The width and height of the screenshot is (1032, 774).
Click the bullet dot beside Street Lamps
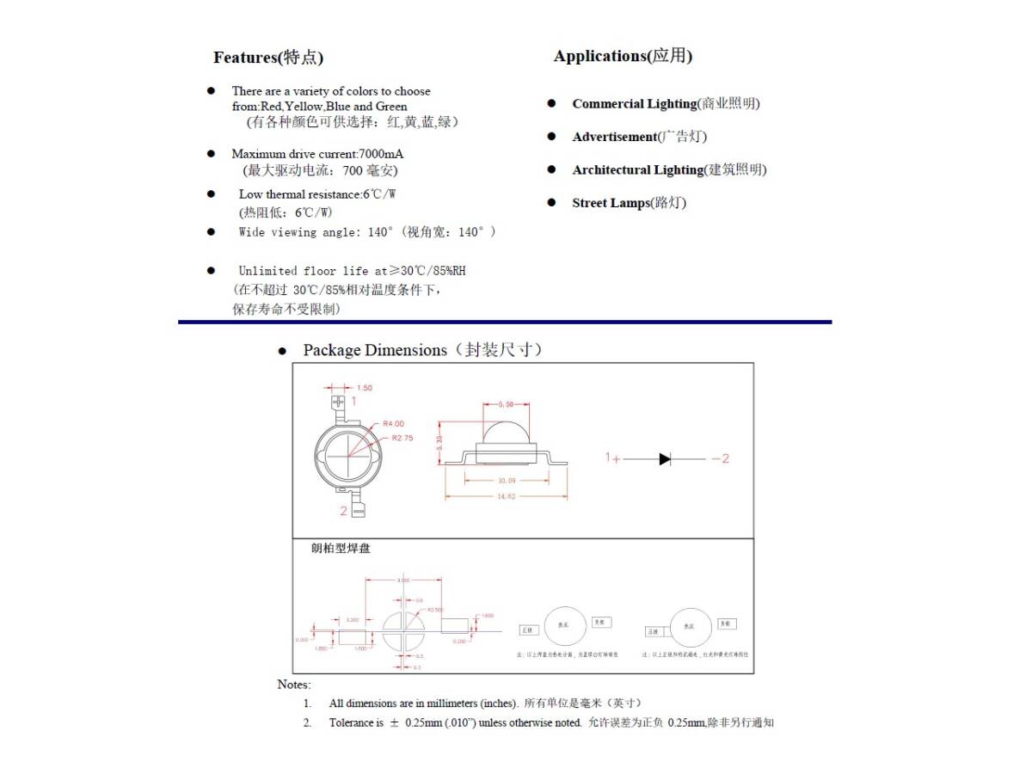pos(552,203)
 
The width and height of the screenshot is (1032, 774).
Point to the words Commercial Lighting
pos(634,104)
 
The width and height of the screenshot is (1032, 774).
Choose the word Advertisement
pos(614,137)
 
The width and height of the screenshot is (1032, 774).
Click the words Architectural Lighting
pos(637,170)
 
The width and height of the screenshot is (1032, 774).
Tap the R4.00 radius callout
pos(393,424)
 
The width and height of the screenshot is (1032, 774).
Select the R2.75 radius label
pos(402,438)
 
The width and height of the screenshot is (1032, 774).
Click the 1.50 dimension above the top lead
pos(365,388)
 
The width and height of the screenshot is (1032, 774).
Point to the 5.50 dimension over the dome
pos(506,404)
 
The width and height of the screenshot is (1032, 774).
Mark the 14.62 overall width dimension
pos(506,497)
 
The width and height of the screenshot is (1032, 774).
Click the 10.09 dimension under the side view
pos(506,481)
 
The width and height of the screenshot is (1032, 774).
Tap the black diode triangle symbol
pos(665,459)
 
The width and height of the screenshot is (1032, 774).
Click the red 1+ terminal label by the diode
pos(612,458)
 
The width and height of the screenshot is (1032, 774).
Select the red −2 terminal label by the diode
pos(720,459)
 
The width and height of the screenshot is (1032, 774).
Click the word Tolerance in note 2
pos(352,722)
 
